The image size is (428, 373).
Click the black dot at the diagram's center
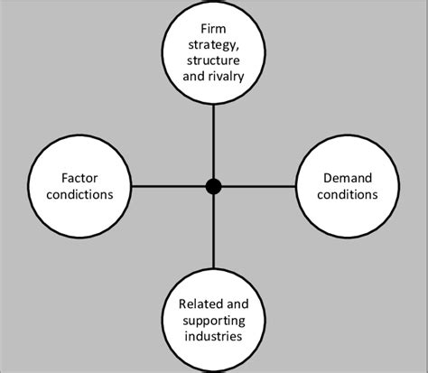coord(213,186)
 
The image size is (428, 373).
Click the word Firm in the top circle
coord(213,41)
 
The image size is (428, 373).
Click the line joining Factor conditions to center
coord(163,186)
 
